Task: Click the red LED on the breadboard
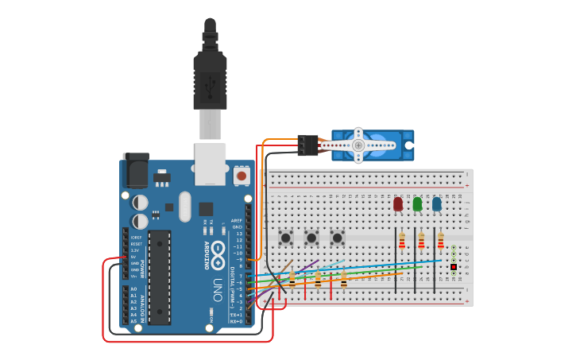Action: tap(398, 204)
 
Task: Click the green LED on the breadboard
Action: tap(417, 204)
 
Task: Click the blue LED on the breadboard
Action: tap(437, 204)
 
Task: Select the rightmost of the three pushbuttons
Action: tap(337, 237)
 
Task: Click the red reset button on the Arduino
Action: tap(241, 174)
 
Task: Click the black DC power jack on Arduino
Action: tap(135, 169)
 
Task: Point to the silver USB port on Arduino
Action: tap(210, 163)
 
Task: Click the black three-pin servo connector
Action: tap(307, 145)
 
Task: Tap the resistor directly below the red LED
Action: tap(402, 241)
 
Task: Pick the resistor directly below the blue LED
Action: tap(441, 241)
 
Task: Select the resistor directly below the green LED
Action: tap(421, 241)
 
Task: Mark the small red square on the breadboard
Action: tap(453, 267)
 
